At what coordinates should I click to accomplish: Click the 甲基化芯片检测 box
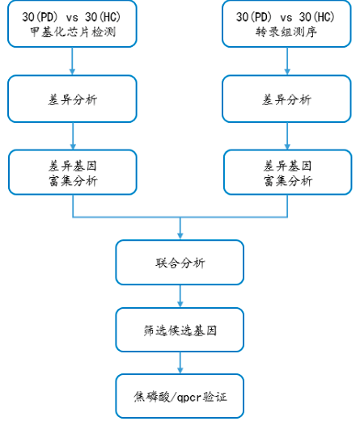tap(73, 24)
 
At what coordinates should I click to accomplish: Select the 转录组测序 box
tap(287, 24)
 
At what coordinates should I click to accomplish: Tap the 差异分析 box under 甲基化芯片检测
tap(73, 99)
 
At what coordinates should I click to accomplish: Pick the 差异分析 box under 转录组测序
tap(287, 99)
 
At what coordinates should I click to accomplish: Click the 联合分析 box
tap(180, 262)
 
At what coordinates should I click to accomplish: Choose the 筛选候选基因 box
tap(180, 329)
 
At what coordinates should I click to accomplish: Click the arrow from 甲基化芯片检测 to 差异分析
tap(73, 61)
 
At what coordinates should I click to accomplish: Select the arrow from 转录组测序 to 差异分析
tap(287, 61)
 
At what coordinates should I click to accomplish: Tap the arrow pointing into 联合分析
tap(180, 228)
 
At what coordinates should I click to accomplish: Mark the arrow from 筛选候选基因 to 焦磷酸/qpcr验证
tap(180, 362)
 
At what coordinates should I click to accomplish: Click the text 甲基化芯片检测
tap(73, 33)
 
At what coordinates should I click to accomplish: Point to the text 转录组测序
tap(287, 33)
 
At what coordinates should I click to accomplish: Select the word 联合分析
tap(180, 263)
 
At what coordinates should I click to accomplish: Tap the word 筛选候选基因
tap(180, 330)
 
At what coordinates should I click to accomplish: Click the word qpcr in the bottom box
tap(188, 397)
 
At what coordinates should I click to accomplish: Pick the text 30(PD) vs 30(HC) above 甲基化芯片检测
tap(73, 16)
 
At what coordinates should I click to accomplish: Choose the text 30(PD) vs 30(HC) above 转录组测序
tap(287, 16)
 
